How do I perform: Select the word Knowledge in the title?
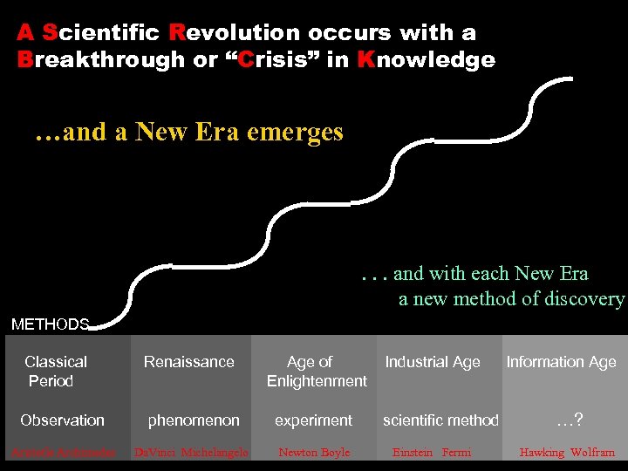coord(426,60)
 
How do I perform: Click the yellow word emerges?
coord(295,133)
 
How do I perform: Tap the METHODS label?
coord(50,324)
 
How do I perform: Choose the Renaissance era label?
coord(189,362)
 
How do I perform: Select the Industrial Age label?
coord(433,362)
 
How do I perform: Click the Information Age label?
coord(561,362)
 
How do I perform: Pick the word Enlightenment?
coord(317,381)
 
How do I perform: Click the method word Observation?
coord(62,420)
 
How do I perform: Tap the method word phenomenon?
coord(194,420)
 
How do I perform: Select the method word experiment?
coord(314,420)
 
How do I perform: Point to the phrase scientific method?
coord(440,420)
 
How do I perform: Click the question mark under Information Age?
coord(577,420)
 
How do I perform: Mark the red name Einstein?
coord(413,453)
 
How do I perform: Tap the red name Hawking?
coord(542,453)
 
